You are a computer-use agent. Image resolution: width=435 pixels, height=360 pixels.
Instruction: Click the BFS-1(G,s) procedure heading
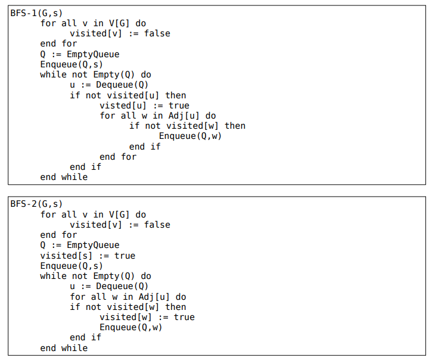coord(36,13)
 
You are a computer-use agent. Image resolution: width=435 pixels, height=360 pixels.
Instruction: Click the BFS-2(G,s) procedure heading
coord(36,204)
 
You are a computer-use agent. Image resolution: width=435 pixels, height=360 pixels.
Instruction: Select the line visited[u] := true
coord(144,105)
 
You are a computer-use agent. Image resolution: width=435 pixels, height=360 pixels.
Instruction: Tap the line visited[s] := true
coord(88,256)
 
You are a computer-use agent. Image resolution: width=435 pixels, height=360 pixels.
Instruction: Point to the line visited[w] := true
coord(147,317)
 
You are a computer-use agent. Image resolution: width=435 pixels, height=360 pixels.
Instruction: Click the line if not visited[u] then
coord(128,95)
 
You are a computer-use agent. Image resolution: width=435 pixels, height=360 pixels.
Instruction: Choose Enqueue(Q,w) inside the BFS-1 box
coord(194,136)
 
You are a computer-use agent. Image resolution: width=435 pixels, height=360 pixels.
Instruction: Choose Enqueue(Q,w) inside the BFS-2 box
coord(130,327)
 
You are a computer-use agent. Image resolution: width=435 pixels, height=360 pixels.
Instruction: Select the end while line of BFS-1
coord(64,177)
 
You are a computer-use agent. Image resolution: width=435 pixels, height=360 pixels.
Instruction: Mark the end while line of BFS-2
coord(64,347)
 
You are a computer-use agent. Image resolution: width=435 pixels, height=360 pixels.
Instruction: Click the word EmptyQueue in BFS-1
coord(93,54)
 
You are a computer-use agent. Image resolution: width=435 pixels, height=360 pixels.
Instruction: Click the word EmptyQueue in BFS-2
coord(93,245)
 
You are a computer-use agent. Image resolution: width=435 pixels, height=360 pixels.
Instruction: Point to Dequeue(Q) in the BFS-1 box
coord(122,85)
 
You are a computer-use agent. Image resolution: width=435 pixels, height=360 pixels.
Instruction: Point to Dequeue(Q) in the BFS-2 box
coord(122,286)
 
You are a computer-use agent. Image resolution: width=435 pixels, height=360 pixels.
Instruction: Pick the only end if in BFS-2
coord(85,337)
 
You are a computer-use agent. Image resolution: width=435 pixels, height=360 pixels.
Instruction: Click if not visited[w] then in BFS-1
coord(187,126)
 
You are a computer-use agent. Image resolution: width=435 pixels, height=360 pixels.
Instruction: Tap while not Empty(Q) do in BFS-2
coord(95,276)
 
